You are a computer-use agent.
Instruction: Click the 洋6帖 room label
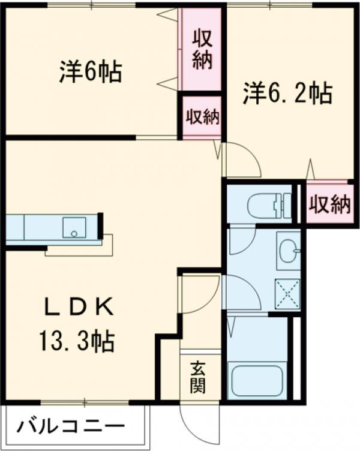(91, 73)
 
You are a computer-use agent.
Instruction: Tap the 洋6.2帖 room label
(287, 94)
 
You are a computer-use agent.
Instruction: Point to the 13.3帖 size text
(77, 342)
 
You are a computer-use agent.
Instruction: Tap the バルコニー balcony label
(71, 428)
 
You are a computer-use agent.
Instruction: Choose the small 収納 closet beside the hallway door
(202, 118)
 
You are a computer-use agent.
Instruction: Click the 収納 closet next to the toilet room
(329, 205)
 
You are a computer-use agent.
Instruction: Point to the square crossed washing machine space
(287, 294)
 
